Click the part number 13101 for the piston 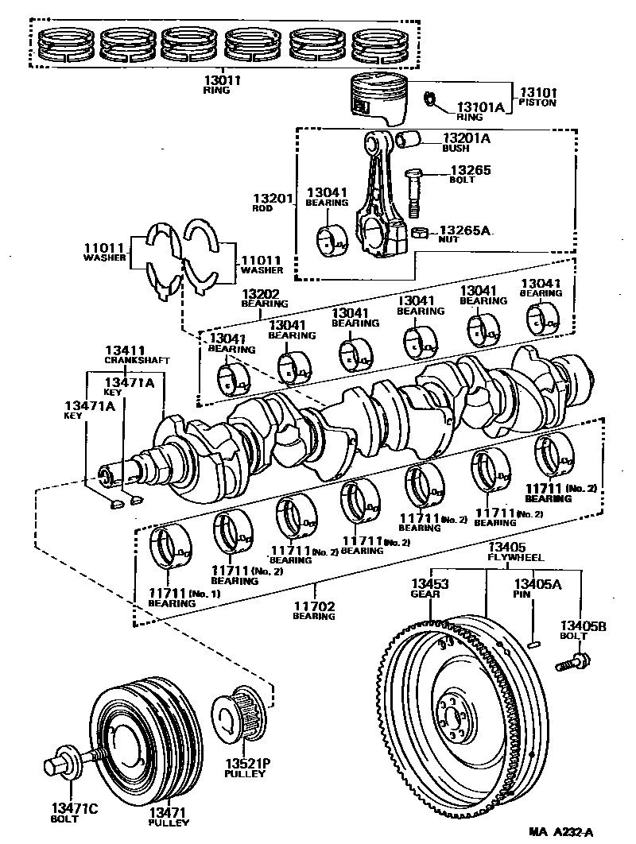538,92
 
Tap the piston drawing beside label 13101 378,98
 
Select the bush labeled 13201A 409,139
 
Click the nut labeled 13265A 420,233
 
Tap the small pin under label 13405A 533,644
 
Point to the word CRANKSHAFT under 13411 137,360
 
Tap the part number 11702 314,606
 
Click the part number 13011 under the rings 221,81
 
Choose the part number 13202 260,294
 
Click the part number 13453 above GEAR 430,584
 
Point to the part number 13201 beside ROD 273,198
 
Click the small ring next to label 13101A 430,99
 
